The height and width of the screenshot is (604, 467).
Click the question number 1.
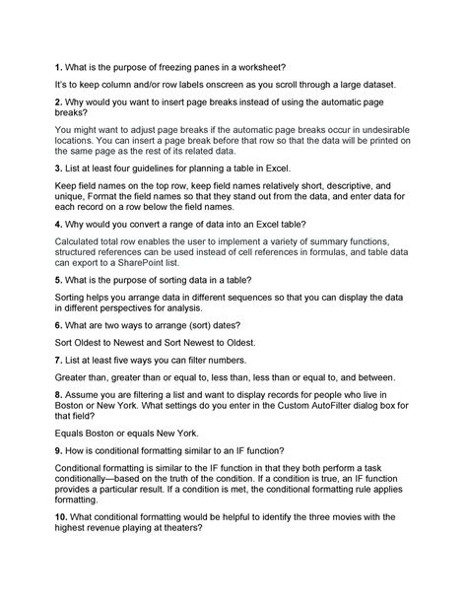pyautogui.click(x=57, y=67)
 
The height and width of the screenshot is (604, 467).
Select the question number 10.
pyautogui.click(x=60, y=516)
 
